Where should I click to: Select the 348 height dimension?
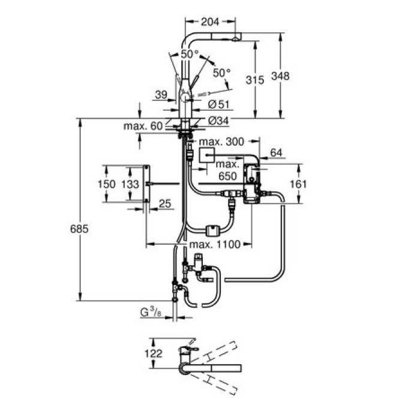coord(280,76)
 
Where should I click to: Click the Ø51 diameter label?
coord(220,104)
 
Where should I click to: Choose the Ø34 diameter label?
coord(220,121)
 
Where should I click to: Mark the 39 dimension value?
coord(160,94)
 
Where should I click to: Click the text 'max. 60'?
coord(143,126)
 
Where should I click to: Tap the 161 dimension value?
coord(298,183)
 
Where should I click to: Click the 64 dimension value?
coord(276,153)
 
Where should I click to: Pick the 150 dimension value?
coord(106,184)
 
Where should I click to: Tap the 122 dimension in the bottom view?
coord(155,353)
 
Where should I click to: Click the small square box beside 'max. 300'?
coord(207,157)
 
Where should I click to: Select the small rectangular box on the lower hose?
coord(212,229)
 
